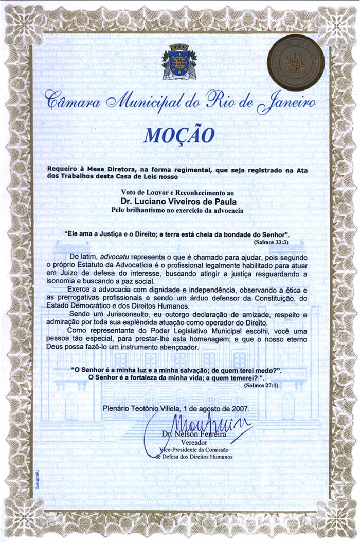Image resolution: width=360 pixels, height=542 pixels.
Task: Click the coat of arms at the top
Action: click(x=179, y=62)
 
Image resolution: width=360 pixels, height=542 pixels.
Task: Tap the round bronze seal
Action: click(x=296, y=62)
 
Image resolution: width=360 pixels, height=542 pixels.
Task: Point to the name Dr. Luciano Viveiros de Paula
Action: click(x=179, y=201)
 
